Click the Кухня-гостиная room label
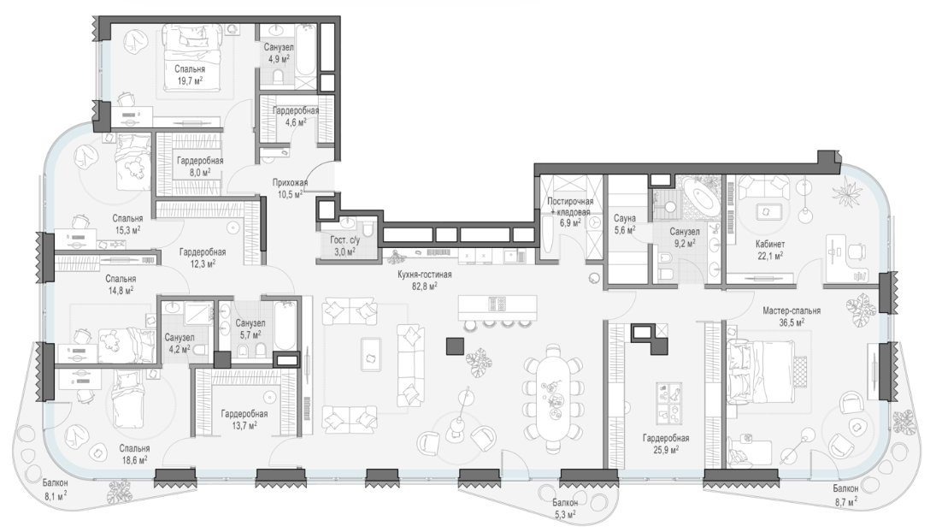tap(425, 275)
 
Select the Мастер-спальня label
tap(792, 310)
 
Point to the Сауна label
tap(625, 218)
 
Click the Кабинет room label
tap(770, 244)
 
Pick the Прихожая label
tap(290, 183)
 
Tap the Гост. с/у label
tap(346, 240)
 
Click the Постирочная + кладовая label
tap(570, 207)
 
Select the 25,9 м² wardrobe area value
tap(666, 450)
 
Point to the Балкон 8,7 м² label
tap(845, 494)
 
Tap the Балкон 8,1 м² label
tap(56, 488)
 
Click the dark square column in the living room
tap(456, 346)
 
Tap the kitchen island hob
tap(497, 304)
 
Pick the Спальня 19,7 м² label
tap(190, 74)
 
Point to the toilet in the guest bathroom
tap(368, 230)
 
